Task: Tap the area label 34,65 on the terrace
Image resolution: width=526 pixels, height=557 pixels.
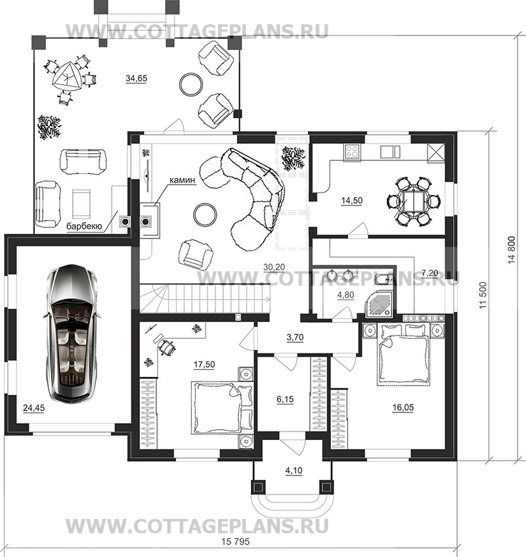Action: point(137,78)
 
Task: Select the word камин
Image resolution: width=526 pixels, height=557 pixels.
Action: point(182,180)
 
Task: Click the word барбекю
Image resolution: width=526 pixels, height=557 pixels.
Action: point(85,226)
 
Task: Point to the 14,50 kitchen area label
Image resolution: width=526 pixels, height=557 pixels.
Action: point(351,200)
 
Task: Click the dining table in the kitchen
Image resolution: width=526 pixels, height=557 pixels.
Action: point(414,202)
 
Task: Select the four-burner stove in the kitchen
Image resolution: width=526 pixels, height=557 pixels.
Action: point(352,152)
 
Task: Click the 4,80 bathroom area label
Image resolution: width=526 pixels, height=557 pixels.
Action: point(345,295)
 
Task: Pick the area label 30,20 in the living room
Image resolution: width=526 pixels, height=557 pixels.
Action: point(274,267)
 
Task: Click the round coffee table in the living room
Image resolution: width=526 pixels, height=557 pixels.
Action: point(205,214)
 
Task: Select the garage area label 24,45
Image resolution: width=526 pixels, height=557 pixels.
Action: point(33,408)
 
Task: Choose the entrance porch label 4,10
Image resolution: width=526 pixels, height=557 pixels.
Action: point(294,471)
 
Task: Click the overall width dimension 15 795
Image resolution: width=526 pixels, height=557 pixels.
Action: point(236,542)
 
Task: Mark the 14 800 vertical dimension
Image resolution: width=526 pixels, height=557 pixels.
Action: point(512,250)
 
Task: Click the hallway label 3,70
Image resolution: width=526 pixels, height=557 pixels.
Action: point(295,337)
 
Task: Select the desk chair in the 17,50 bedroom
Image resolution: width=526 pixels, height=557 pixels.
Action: point(167,347)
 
